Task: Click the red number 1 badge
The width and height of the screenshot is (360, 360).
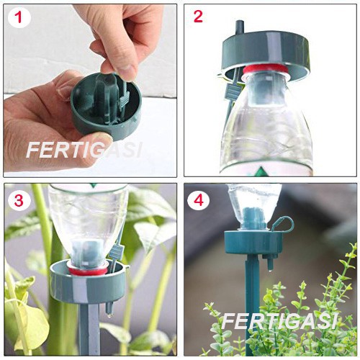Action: pyautogui.click(x=19, y=17)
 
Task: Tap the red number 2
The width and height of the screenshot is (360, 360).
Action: pyautogui.click(x=198, y=17)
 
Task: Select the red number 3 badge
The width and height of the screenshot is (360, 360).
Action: pyautogui.click(x=19, y=200)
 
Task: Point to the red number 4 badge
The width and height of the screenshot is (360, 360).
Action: pyautogui.click(x=199, y=200)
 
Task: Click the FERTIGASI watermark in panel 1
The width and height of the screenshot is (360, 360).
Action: pyautogui.click(x=84, y=150)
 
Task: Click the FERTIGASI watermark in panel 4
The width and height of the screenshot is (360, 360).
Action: pyautogui.click(x=279, y=322)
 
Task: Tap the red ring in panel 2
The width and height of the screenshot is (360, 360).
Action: pyautogui.click(x=265, y=68)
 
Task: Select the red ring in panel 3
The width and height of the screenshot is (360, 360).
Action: pyautogui.click(x=88, y=271)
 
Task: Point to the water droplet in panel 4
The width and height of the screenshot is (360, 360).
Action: pyautogui.click(x=271, y=270)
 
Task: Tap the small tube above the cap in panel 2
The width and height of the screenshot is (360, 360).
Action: pyautogui.click(x=239, y=27)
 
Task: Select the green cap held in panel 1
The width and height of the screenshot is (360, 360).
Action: pyautogui.click(x=106, y=106)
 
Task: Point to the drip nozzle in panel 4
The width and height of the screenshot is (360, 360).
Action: pyautogui.click(x=269, y=261)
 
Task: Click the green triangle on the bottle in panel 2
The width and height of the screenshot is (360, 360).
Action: pyautogui.click(x=260, y=172)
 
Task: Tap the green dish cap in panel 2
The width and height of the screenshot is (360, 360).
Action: pyautogui.click(x=266, y=55)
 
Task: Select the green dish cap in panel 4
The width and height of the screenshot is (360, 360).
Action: pyautogui.click(x=253, y=243)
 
